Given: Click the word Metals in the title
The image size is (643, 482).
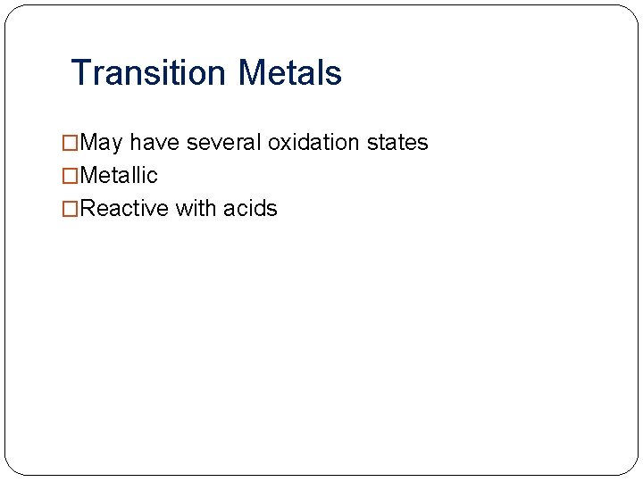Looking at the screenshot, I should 290,72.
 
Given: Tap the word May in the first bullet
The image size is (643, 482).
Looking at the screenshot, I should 101,143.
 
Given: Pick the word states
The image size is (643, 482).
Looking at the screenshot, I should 398,143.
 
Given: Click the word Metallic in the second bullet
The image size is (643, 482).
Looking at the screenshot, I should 118,176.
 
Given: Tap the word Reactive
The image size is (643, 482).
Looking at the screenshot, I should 124,209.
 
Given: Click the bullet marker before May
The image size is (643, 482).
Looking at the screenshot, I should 71,143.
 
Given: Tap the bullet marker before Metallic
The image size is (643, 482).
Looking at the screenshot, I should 71,176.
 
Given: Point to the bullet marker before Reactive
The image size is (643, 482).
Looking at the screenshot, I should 71,209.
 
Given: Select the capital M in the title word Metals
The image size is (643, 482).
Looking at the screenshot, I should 253,72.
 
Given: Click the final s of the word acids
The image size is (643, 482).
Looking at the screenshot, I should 272,210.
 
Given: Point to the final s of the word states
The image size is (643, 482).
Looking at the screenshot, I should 423,144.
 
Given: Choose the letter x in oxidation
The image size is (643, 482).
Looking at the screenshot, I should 286,144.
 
